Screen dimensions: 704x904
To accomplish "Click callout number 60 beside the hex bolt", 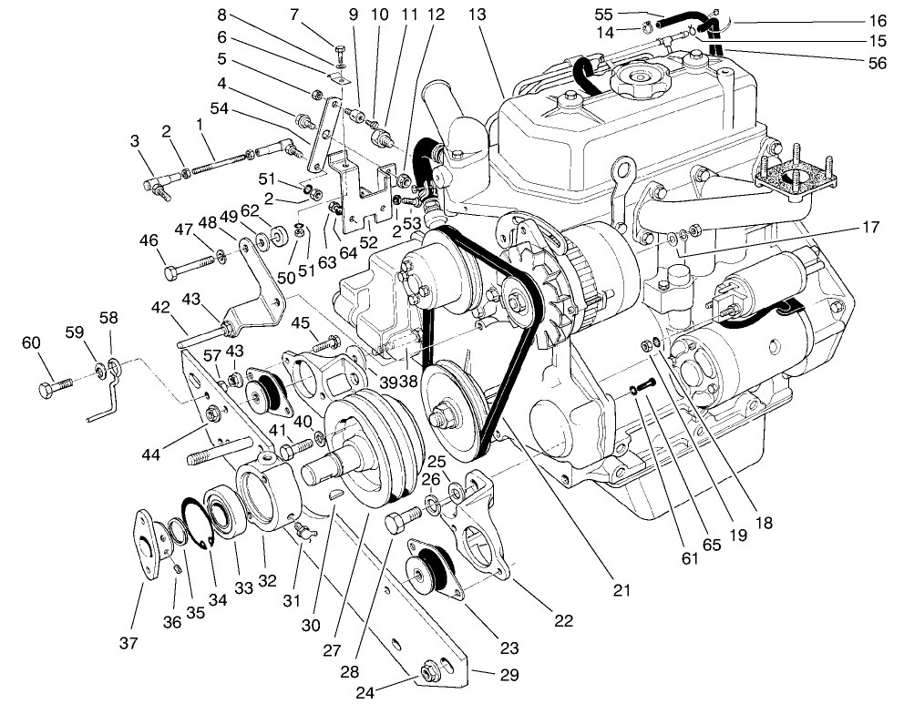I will pyautogui.click(x=31, y=342).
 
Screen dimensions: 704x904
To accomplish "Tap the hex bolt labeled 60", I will pyautogui.click(x=55, y=389).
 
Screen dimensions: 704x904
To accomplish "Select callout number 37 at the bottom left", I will pyautogui.click(x=128, y=643).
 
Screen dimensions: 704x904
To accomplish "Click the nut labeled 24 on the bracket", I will pyautogui.click(x=429, y=675).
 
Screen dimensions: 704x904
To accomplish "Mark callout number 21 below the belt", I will pyautogui.click(x=621, y=590).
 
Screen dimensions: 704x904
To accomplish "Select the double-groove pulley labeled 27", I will pyautogui.click(x=365, y=446).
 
